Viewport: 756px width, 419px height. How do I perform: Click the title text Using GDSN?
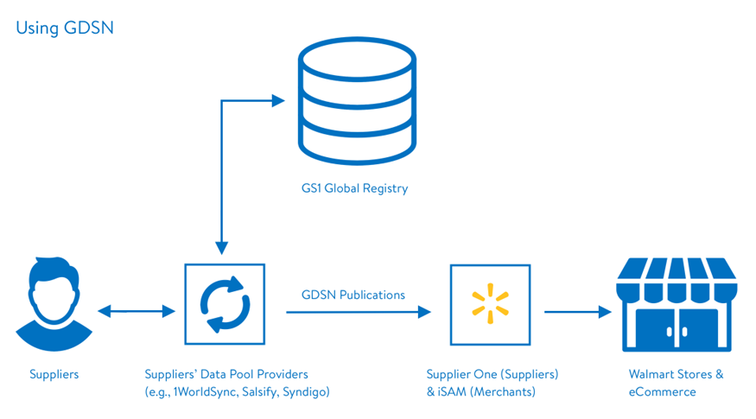click(x=65, y=28)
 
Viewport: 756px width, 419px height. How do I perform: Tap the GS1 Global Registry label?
click(x=355, y=187)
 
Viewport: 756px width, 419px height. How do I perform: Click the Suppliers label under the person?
click(x=54, y=375)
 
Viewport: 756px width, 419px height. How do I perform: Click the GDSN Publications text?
click(x=353, y=295)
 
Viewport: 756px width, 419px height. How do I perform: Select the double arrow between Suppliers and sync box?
click(x=135, y=312)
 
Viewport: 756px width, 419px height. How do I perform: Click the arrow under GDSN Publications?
click(x=358, y=313)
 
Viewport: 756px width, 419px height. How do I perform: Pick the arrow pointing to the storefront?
click(x=577, y=313)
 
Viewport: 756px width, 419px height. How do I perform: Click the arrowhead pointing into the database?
click(x=278, y=101)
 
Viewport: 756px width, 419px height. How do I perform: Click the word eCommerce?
click(x=662, y=391)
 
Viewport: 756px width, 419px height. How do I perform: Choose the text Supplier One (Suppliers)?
click(x=492, y=375)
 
